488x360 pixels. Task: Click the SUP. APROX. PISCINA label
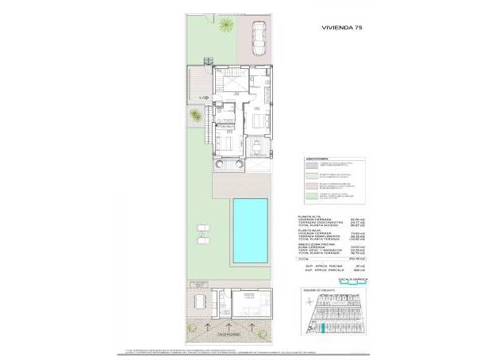[325, 266]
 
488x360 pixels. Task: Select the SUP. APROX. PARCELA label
[325, 271]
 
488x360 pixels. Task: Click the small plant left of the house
[194, 117]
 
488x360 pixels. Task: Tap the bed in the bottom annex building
[253, 303]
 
